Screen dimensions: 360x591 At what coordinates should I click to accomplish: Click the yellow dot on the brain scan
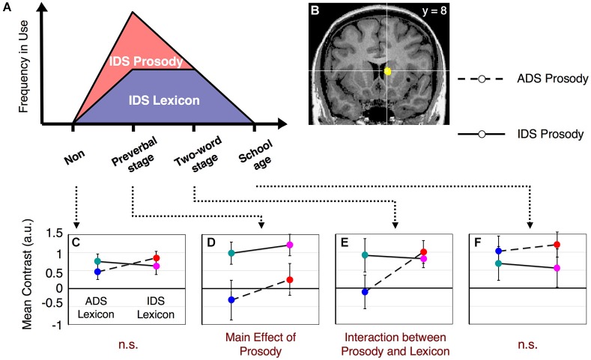[388, 72]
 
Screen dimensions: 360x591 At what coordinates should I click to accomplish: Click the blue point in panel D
[231, 299]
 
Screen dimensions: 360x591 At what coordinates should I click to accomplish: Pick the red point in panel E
[423, 252]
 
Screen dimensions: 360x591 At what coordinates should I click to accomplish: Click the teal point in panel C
[98, 261]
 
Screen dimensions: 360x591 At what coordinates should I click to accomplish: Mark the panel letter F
[478, 243]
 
